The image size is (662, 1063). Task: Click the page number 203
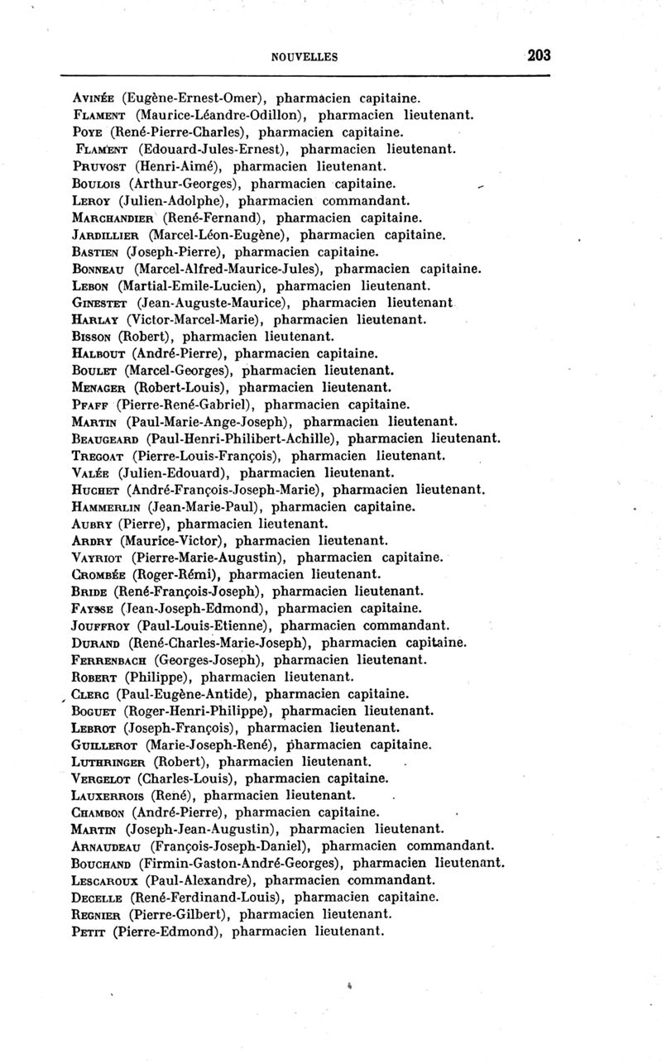click(x=538, y=55)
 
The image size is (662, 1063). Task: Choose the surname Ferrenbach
click(x=113, y=659)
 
